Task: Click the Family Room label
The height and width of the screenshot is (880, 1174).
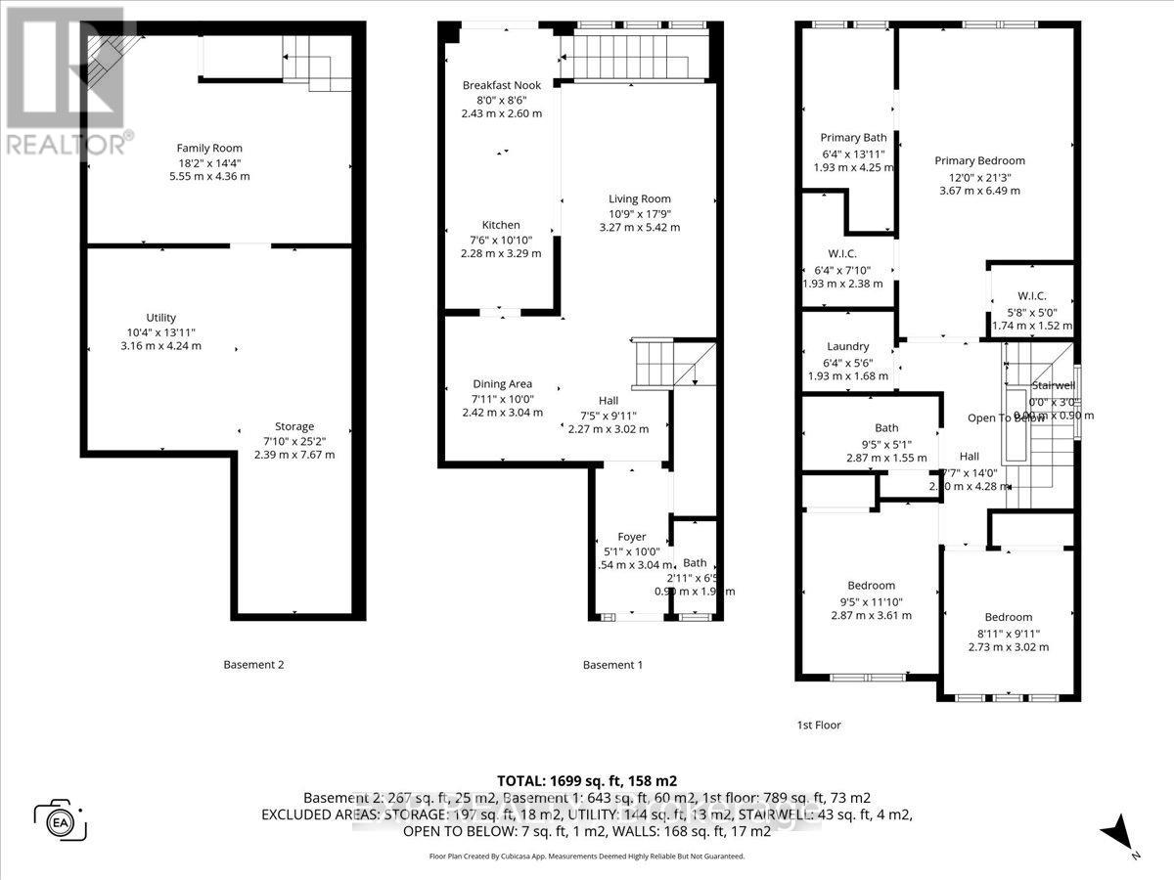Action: (x=209, y=148)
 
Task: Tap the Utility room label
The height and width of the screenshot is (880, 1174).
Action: (x=161, y=317)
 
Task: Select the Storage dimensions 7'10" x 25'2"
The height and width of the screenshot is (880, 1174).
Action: (x=293, y=440)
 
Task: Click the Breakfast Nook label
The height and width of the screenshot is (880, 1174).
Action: (x=502, y=85)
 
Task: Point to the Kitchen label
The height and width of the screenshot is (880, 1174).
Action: (x=501, y=224)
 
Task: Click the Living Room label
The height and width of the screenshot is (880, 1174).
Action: (x=639, y=198)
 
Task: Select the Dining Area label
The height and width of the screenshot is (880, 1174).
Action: (x=502, y=383)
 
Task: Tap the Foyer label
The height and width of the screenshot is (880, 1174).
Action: (x=631, y=536)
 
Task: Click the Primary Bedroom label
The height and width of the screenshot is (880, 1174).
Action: (x=979, y=160)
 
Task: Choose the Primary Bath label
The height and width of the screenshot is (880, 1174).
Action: (x=854, y=138)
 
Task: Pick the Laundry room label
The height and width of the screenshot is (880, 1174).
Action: (x=847, y=346)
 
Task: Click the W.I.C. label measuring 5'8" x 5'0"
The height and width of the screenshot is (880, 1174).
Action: (x=1032, y=295)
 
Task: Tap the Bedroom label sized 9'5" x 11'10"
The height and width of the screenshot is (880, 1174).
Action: (x=871, y=586)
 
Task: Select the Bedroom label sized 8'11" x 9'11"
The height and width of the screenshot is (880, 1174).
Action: (x=1008, y=617)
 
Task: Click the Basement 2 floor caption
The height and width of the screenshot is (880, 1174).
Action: (x=253, y=665)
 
